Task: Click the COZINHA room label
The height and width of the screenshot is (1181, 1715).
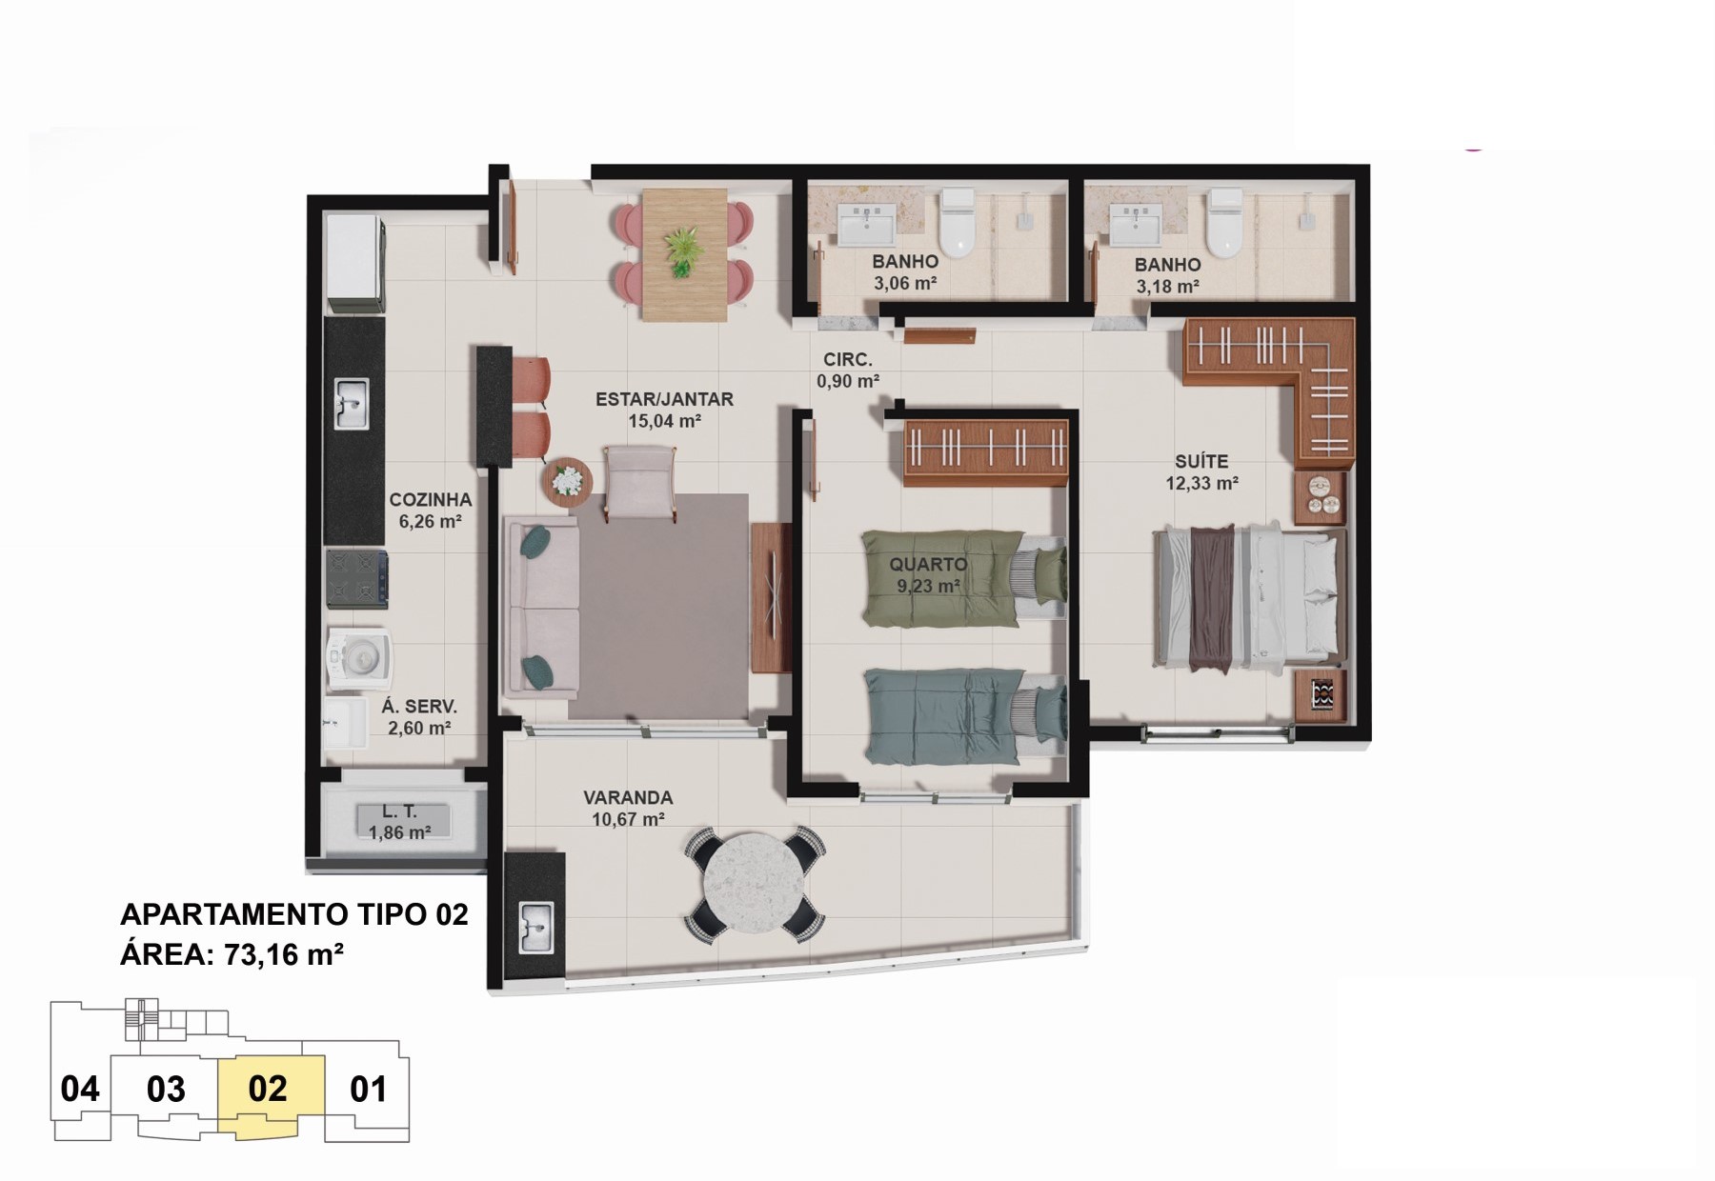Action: (x=431, y=499)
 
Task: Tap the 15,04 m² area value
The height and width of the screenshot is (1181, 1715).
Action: (x=665, y=421)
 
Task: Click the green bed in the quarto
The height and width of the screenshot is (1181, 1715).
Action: (x=963, y=578)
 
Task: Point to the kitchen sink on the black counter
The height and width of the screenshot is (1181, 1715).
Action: (x=352, y=405)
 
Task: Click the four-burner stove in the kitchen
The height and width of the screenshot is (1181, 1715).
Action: (x=356, y=578)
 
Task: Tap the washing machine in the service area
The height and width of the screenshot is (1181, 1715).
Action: (x=358, y=656)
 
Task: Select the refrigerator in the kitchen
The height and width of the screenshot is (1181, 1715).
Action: (x=355, y=264)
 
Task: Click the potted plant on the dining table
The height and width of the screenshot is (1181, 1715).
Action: (x=683, y=251)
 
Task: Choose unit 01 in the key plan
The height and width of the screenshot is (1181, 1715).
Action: (x=368, y=1089)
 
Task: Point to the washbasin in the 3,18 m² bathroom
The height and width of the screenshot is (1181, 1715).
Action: (x=1135, y=224)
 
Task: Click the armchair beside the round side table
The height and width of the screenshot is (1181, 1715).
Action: (x=640, y=483)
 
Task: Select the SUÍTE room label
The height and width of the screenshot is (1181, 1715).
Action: (x=1201, y=461)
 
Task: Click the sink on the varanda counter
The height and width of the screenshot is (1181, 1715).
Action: (x=536, y=928)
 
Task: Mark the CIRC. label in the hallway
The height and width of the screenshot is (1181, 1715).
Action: (x=848, y=359)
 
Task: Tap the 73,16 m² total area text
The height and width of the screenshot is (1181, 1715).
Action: (x=284, y=953)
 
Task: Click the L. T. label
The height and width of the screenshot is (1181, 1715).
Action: (x=400, y=811)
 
